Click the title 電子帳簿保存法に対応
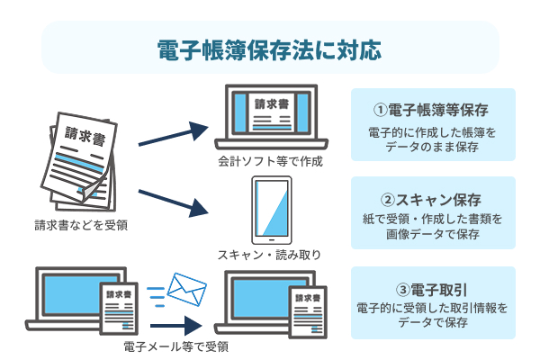tap(269, 48)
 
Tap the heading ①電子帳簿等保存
tap(431, 111)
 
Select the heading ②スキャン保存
tap(431, 199)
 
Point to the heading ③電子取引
tap(431, 289)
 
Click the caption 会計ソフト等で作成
tap(269, 163)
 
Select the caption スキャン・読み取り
tap(269, 255)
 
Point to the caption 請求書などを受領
tap(81, 224)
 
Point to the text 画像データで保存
tap(431, 235)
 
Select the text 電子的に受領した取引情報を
tap(431, 308)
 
